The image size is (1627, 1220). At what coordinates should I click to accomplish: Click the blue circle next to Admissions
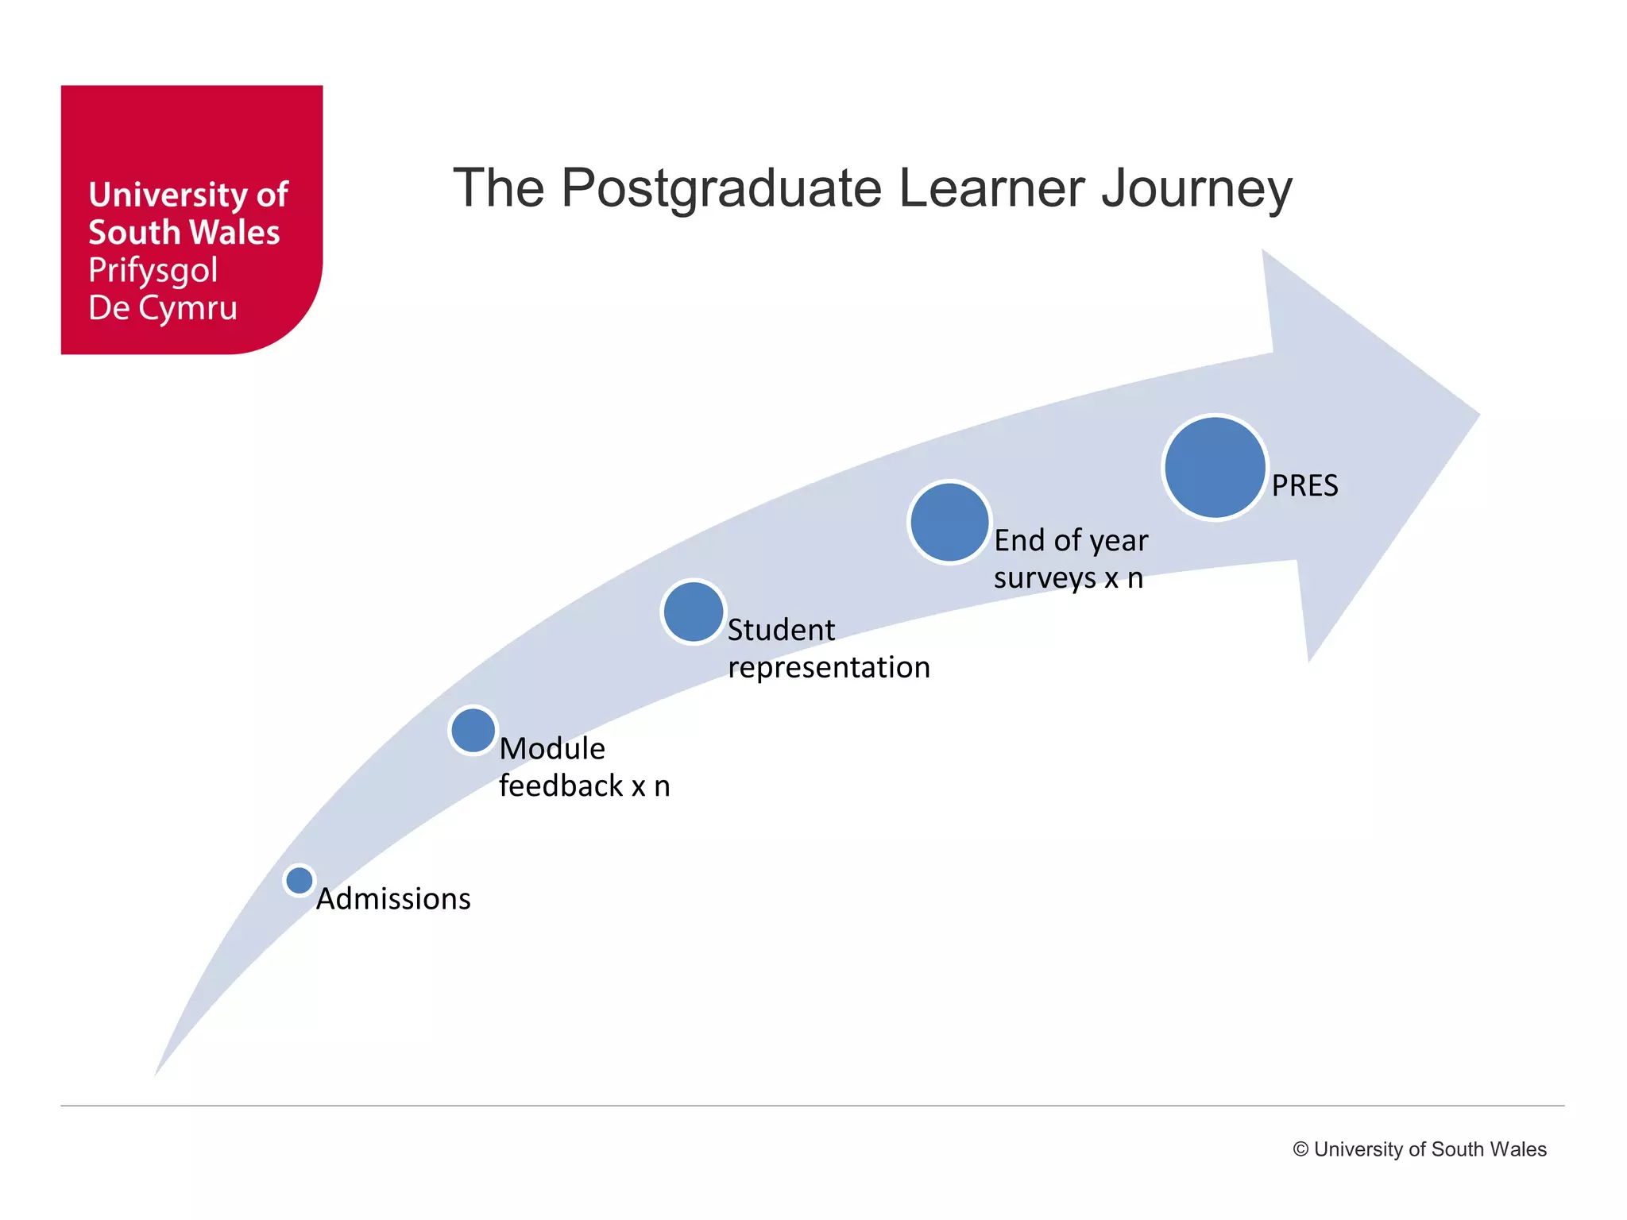[300, 880]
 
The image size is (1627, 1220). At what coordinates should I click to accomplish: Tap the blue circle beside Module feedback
[473, 730]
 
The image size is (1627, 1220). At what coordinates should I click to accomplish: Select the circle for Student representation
[694, 612]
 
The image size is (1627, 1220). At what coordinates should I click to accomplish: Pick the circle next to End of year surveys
[949, 523]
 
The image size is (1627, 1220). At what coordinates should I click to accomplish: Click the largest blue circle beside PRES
[1215, 468]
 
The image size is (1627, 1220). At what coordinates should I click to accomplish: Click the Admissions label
[393, 899]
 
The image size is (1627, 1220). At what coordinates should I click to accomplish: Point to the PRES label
[1304, 485]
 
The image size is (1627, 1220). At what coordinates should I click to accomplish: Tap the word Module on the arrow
[552, 748]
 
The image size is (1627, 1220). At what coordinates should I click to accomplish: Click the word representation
[829, 667]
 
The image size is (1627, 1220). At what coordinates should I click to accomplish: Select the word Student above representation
[781, 630]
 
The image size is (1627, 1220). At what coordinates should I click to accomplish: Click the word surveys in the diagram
[1045, 577]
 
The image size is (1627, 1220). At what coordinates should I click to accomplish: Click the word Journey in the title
[1196, 188]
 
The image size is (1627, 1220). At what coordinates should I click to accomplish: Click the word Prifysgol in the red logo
[153, 271]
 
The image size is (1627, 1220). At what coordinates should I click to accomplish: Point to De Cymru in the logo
[163, 308]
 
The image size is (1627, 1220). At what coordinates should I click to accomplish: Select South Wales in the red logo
[184, 233]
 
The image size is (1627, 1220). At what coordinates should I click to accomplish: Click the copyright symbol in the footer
[1300, 1149]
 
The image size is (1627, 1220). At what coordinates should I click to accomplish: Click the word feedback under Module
[561, 786]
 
